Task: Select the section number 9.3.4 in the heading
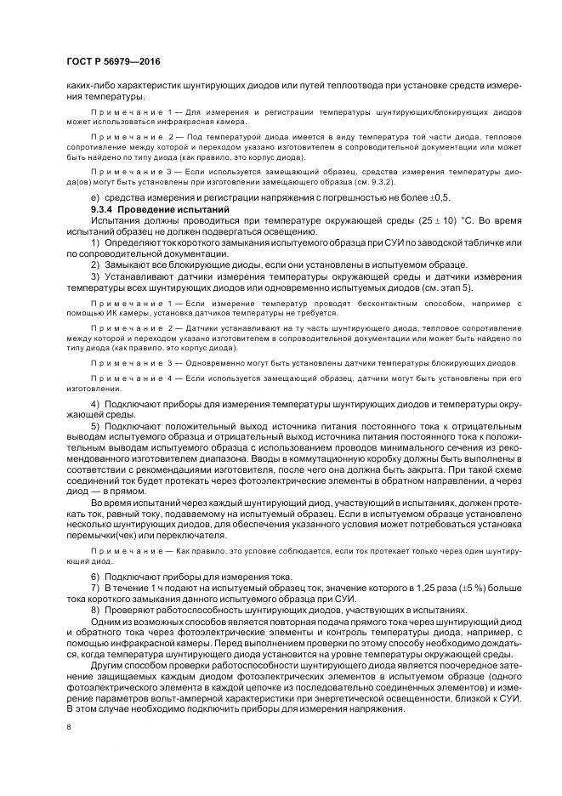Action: pyautogui.click(x=103, y=209)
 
